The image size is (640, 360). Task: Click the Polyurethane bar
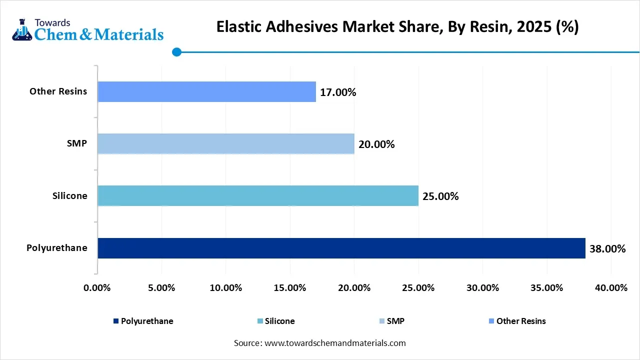pyautogui.click(x=341, y=248)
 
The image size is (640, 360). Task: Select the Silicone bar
pyautogui.click(x=257, y=195)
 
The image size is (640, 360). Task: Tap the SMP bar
pyautogui.click(x=225, y=143)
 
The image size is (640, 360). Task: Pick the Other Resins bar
pyautogui.click(x=206, y=91)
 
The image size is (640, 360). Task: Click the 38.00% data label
pyautogui.click(x=607, y=248)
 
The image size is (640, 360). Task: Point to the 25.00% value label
pyautogui.click(x=440, y=196)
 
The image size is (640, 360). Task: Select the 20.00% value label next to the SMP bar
pyautogui.click(x=376, y=144)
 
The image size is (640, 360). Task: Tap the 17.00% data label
pyautogui.click(x=338, y=92)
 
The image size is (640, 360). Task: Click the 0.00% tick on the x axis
pyautogui.click(x=97, y=288)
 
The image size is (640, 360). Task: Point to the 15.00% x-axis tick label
pyautogui.click(x=289, y=288)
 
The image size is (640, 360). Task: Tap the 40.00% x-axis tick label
pyautogui.click(x=611, y=288)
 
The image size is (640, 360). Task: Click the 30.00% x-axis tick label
pyautogui.click(x=482, y=288)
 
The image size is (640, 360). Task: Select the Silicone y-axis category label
pyautogui.click(x=69, y=196)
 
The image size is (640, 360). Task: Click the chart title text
pyautogui.click(x=397, y=27)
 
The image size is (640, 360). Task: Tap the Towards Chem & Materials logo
pyautogui.click(x=87, y=29)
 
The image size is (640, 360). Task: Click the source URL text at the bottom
pyautogui.click(x=319, y=343)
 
